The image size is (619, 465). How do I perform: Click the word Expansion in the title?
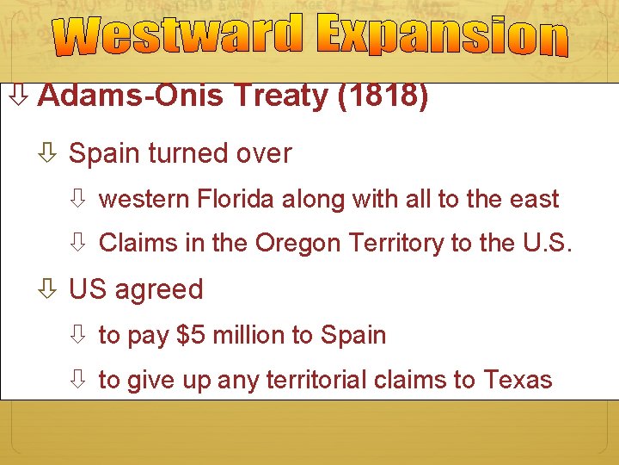pos(442,35)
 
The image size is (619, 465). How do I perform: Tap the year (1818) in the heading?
pos(383,96)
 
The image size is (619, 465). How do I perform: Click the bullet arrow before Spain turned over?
pos(49,155)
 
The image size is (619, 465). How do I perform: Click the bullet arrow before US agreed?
pos(49,290)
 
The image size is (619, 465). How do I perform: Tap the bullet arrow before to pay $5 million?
pos(79,336)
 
